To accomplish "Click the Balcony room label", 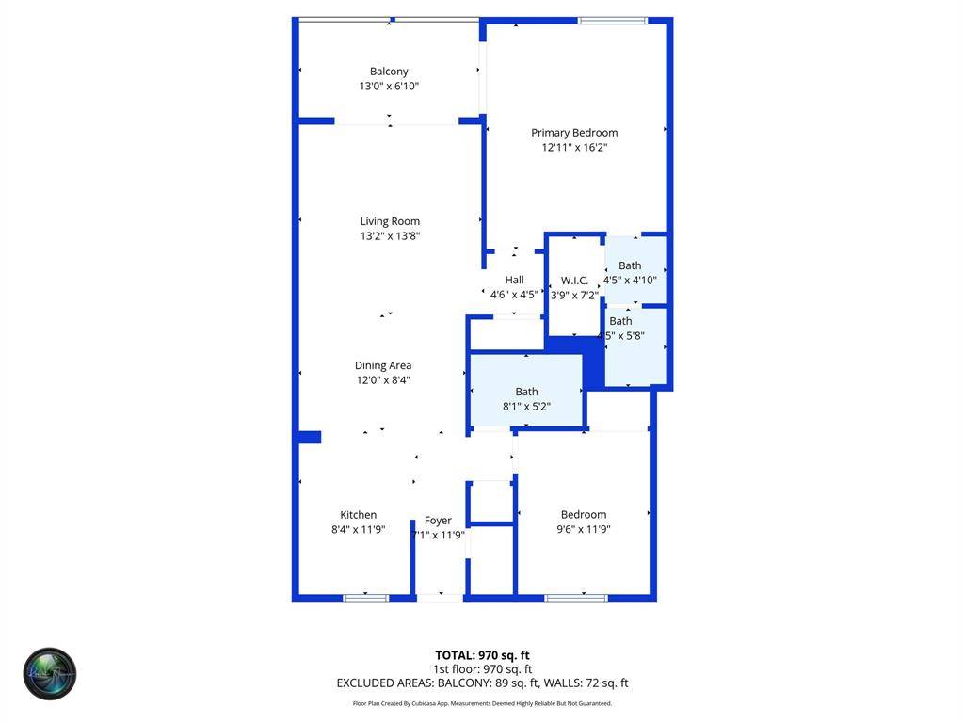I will coord(389,72).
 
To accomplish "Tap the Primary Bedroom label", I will coord(574,133).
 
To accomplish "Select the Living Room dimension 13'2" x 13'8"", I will coord(390,236).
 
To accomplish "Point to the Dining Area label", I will coord(383,365).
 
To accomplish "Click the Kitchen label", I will coord(358,515).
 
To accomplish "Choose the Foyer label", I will coord(438,521).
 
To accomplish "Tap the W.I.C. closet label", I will coord(574,281).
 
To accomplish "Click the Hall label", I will coord(514,280).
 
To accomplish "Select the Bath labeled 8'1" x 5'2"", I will coord(526,392).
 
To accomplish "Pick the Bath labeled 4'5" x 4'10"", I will coord(630,266).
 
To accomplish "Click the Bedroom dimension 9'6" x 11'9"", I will coord(584,529).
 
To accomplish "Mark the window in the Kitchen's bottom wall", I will coord(365,597).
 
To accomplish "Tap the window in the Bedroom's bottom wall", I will coord(576,597).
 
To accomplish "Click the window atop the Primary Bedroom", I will coord(613,20).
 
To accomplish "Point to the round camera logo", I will coord(50,673).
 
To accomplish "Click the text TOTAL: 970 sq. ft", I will coord(482,655).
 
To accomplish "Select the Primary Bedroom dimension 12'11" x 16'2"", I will coord(574,147).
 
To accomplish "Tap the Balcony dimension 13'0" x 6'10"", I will coord(389,86).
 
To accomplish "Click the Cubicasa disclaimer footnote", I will coord(482,703).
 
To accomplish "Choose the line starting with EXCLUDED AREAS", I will coord(482,683).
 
